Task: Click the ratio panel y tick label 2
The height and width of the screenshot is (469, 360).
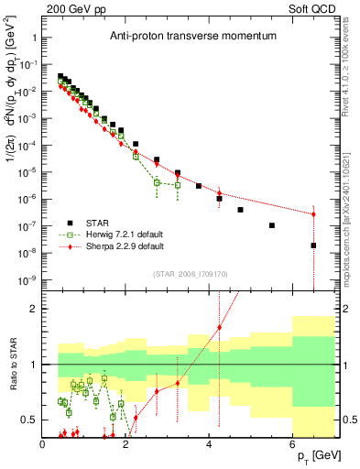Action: [33, 309]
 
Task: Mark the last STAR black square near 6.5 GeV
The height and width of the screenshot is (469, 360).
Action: [313, 245]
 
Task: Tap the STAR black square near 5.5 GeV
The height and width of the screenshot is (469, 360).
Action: [271, 225]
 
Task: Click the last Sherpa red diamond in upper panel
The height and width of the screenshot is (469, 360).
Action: [313, 214]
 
